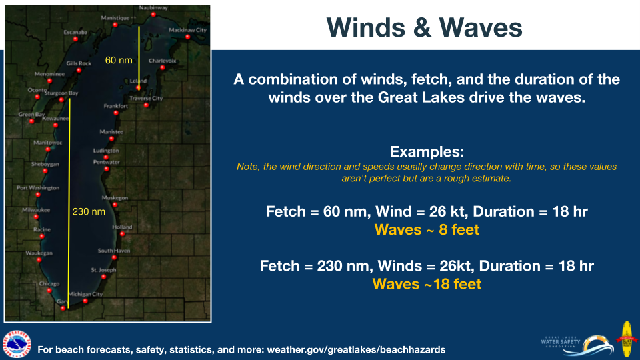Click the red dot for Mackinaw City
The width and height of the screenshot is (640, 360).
(x=188, y=37)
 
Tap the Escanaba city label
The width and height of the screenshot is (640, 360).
(x=75, y=32)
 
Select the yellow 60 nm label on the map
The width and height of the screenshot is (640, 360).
(x=119, y=61)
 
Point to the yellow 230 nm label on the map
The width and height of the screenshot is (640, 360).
(x=89, y=211)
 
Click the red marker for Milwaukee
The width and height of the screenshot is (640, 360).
(x=36, y=217)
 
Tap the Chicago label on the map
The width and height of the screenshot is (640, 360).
(x=49, y=284)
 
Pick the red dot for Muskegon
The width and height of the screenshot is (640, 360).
(x=115, y=205)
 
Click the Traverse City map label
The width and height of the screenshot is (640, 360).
(x=146, y=99)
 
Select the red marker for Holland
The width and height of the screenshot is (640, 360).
(x=123, y=234)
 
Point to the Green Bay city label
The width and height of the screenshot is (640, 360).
(x=31, y=114)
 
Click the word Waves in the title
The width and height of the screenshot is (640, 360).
(x=481, y=28)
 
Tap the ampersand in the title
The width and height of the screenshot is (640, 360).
(x=421, y=28)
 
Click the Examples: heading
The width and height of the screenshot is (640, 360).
(x=427, y=152)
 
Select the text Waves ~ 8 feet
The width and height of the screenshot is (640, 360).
(x=427, y=230)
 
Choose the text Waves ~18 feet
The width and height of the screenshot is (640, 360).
(x=427, y=284)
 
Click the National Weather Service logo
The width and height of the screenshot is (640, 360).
(x=17, y=345)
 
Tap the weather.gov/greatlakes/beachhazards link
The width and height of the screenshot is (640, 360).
(x=356, y=350)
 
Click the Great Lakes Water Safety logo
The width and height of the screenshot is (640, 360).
(x=577, y=345)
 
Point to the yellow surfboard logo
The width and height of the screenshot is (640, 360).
(x=626, y=339)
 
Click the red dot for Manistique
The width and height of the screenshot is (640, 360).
(x=115, y=25)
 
